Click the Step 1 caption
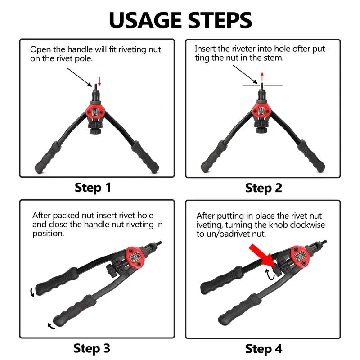(x=93, y=187)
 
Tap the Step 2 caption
(x=264, y=188)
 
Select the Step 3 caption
(x=92, y=348)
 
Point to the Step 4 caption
(x=264, y=348)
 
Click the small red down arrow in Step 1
(x=100, y=81)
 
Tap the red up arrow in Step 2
(x=262, y=76)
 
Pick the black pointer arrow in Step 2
(x=245, y=75)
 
